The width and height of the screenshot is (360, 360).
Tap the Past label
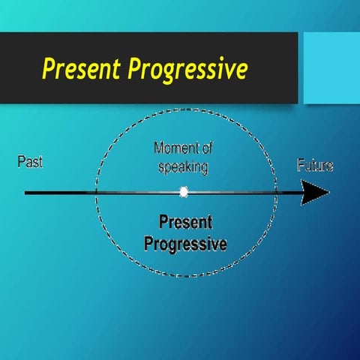tap(30, 162)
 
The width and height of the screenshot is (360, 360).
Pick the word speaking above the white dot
tap(183, 166)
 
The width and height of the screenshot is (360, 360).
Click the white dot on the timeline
tap(184, 193)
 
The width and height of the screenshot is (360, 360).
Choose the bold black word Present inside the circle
tap(185, 223)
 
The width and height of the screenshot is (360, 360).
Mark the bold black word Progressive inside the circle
tap(185, 243)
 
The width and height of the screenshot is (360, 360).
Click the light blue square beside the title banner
tap(330, 67)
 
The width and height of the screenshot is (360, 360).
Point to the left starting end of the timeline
tap(26, 193)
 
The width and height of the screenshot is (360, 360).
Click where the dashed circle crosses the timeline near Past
tap(96, 193)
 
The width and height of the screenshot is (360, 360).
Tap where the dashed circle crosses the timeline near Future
tap(275, 193)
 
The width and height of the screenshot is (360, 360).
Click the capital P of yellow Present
tap(48, 69)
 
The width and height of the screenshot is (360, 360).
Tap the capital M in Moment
tap(158, 148)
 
